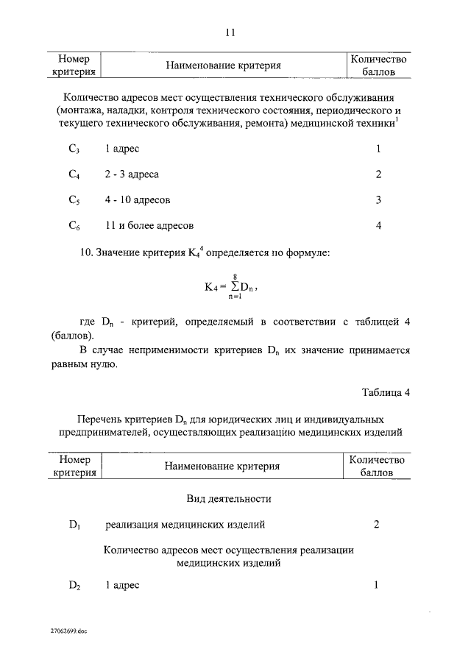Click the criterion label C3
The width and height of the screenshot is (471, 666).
(x=74, y=149)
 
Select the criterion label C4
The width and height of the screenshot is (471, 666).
(x=74, y=175)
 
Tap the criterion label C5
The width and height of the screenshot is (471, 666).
(x=74, y=200)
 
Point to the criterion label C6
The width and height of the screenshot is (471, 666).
(x=74, y=226)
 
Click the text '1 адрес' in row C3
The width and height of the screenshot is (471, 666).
(x=122, y=149)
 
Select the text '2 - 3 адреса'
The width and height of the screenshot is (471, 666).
(x=132, y=174)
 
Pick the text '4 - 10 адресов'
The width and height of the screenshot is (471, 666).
(x=138, y=199)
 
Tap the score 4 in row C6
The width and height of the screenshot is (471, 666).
(x=378, y=225)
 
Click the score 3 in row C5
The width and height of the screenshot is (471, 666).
(x=378, y=199)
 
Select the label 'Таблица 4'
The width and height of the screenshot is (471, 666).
(x=386, y=392)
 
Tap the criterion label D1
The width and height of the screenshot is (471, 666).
(x=74, y=525)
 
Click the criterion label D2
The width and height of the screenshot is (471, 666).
(x=74, y=586)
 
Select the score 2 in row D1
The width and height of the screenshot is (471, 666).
(x=377, y=525)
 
